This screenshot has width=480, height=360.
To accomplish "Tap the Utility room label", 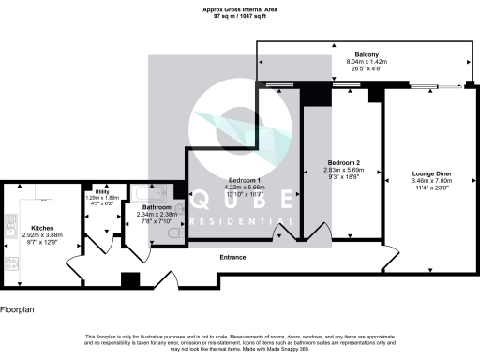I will pyautogui.click(x=102, y=190).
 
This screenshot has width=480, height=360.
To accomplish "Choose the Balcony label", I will pyautogui.click(x=367, y=54).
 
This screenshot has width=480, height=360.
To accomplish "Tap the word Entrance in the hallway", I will pyautogui.click(x=232, y=257).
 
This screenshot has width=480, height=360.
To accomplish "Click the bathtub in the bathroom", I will pyautogui.click(x=156, y=191).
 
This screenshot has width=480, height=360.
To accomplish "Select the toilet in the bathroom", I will pyautogui.click(x=178, y=238).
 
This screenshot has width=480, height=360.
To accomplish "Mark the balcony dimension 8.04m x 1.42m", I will pyautogui.click(x=367, y=62).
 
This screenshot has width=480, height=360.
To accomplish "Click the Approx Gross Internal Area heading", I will pyautogui.click(x=239, y=9).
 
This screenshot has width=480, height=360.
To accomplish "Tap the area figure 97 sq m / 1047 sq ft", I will pyautogui.click(x=239, y=16).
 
